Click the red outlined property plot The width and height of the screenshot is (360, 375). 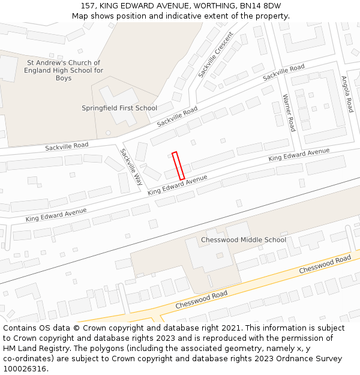(178, 166)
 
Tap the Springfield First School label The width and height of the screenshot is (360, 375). (119, 108)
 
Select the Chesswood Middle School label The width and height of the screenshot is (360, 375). (244, 240)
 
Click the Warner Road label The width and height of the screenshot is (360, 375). (289, 113)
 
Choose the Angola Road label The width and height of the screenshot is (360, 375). (347, 94)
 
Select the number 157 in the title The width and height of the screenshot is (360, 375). (88, 5)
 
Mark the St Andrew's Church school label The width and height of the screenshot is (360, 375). (64, 70)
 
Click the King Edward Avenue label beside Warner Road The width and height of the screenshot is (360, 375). (299, 154)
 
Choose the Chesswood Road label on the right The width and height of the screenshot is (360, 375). (325, 265)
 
